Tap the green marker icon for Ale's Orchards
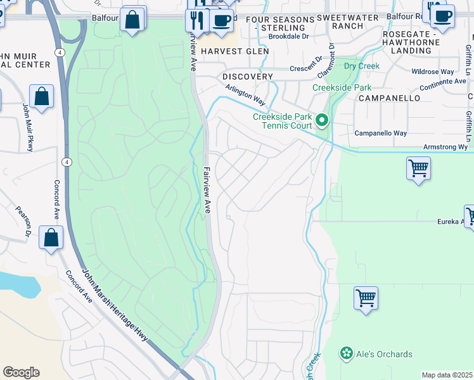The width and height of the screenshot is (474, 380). click(346, 353)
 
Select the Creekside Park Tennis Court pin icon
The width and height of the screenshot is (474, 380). click(323, 120)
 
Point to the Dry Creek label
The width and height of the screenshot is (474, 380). click(361, 66)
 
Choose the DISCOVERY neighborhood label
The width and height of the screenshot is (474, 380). click(248, 77)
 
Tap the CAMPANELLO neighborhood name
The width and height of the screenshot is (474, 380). click(389, 99)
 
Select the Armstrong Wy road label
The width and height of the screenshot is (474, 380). click(445, 147)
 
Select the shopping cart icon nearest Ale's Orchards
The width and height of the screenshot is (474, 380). click(366, 298)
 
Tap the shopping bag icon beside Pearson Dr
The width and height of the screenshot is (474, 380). click(51, 238)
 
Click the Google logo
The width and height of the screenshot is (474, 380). click(21, 372)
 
